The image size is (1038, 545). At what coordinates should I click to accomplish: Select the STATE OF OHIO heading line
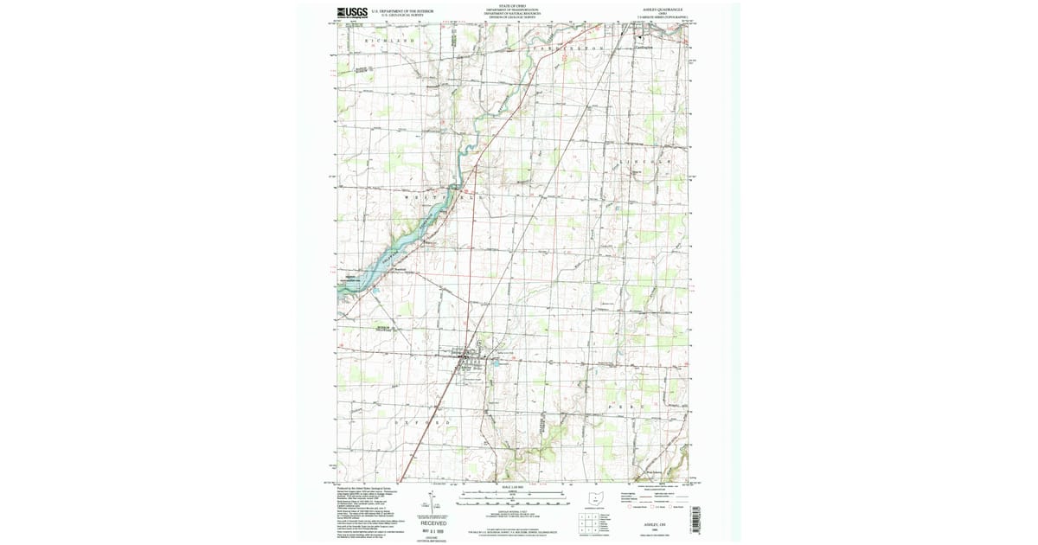pyautogui.click(x=512, y=7)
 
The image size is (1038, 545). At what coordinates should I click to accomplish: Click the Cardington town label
pyautogui.click(x=643, y=48)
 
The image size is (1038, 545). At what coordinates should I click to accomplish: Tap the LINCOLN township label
pyautogui.click(x=653, y=162)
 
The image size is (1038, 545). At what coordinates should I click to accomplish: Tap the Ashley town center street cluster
pyautogui.click(x=468, y=357)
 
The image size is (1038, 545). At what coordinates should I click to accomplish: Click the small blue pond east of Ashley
pyautogui.click(x=497, y=364)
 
